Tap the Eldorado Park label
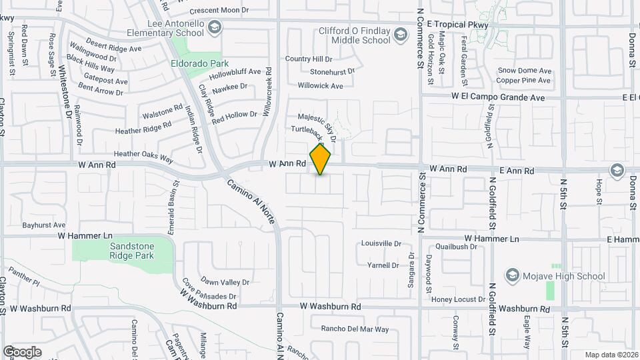pyautogui.click(x=195, y=65)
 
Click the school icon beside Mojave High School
pyautogui.click(x=512, y=275)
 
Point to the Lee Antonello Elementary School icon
pyautogui.click(x=215, y=27)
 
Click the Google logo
pyautogui.click(x=22, y=351)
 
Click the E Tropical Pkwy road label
pyautogui.click(x=461, y=25)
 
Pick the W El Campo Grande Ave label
pyautogui.click(x=498, y=97)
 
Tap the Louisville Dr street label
pyautogui.click(x=381, y=244)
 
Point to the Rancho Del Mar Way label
pyautogui.click(x=355, y=329)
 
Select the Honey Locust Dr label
pyautogui.click(x=458, y=299)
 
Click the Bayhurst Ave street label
pyautogui.click(x=43, y=225)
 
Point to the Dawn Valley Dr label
pyautogui.click(x=225, y=282)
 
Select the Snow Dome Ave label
pyautogui.click(x=525, y=71)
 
